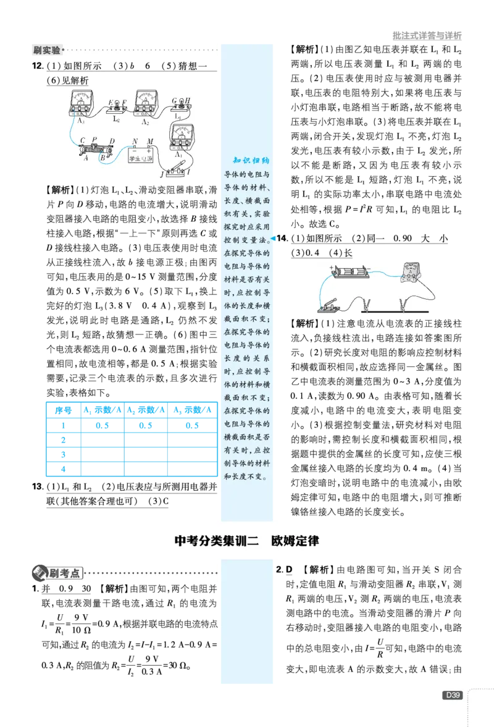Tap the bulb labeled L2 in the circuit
pyautogui.click(x=117, y=108)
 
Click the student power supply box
pyautogui.click(x=141, y=154)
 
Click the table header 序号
pyautogui.click(x=64, y=410)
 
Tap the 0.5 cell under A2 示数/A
pyautogui.click(x=146, y=425)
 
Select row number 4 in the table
pyautogui.click(x=64, y=469)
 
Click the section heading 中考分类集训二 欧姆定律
pyautogui.click(x=247, y=541)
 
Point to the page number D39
pyautogui.click(x=452, y=695)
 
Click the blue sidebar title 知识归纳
pyautogui.click(x=251, y=161)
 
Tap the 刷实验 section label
pyautogui.click(x=47, y=49)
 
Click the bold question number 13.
pyautogui.click(x=37, y=486)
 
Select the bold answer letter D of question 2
pyautogui.click(x=289, y=570)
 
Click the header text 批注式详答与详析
pyautogui.click(x=427, y=35)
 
